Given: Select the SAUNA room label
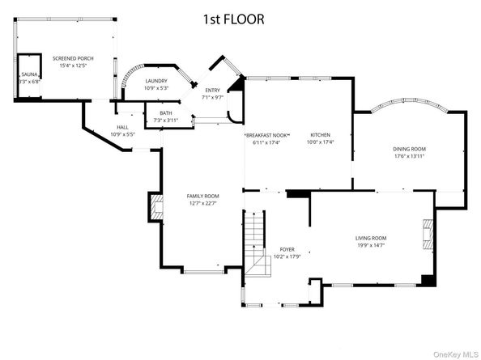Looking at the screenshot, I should [x=29, y=74].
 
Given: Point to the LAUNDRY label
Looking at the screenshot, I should [x=156, y=82].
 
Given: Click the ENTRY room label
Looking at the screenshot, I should [x=212, y=91].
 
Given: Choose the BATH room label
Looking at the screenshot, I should [x=165, y=113].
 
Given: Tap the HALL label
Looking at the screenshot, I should [x=122, y=127].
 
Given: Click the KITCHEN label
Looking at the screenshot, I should [x=321, y=135].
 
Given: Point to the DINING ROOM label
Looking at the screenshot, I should [x=409, y=149].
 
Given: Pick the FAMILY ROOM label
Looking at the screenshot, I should [x=202, y=196].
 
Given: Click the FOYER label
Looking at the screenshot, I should [x=287, y=249].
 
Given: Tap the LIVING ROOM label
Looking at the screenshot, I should [x=372, y=237].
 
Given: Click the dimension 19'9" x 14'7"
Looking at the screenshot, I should [x=372, y=245].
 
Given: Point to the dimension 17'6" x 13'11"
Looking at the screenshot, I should [x=409, y=156].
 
